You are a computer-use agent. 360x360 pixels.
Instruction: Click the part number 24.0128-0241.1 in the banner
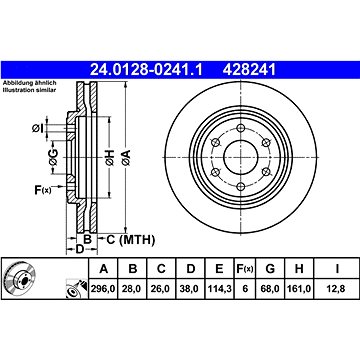[146, 70]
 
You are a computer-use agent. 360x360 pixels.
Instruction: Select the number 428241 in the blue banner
[250, 70]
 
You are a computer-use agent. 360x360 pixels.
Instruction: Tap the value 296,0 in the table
[103, 289]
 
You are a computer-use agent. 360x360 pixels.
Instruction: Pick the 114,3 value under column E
[219, 289]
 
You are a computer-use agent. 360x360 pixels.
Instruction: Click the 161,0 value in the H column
[299, 289]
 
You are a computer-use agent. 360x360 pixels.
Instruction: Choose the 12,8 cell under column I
[337, 289]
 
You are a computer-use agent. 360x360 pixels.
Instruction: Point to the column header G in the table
[270, 268]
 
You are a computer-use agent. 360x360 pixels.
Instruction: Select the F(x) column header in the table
[245, 269]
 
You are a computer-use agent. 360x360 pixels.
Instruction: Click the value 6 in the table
[245, 289]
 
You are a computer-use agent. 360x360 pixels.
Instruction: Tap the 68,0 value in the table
[270, 289]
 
